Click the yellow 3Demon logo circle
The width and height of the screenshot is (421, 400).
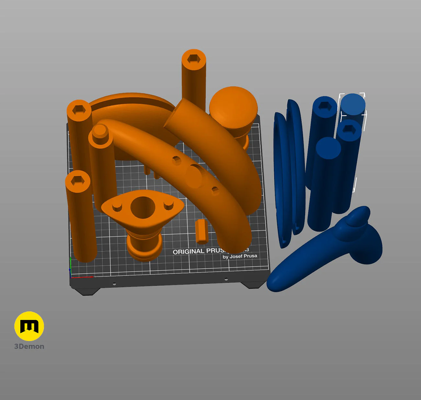(x=29, y=326)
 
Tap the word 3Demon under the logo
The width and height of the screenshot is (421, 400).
(x=29, y=346)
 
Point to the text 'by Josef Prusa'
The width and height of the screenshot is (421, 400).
(x=240, y=256)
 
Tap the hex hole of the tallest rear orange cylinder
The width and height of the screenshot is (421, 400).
(x=194, y=59)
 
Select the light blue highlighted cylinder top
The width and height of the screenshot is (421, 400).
(x=353, y=104)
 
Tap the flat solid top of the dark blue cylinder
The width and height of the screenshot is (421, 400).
(x=328, y=148)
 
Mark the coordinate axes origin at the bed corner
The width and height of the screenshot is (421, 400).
(x=71, y=277)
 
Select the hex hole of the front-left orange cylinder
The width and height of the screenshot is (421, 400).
(x=77, y=180)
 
